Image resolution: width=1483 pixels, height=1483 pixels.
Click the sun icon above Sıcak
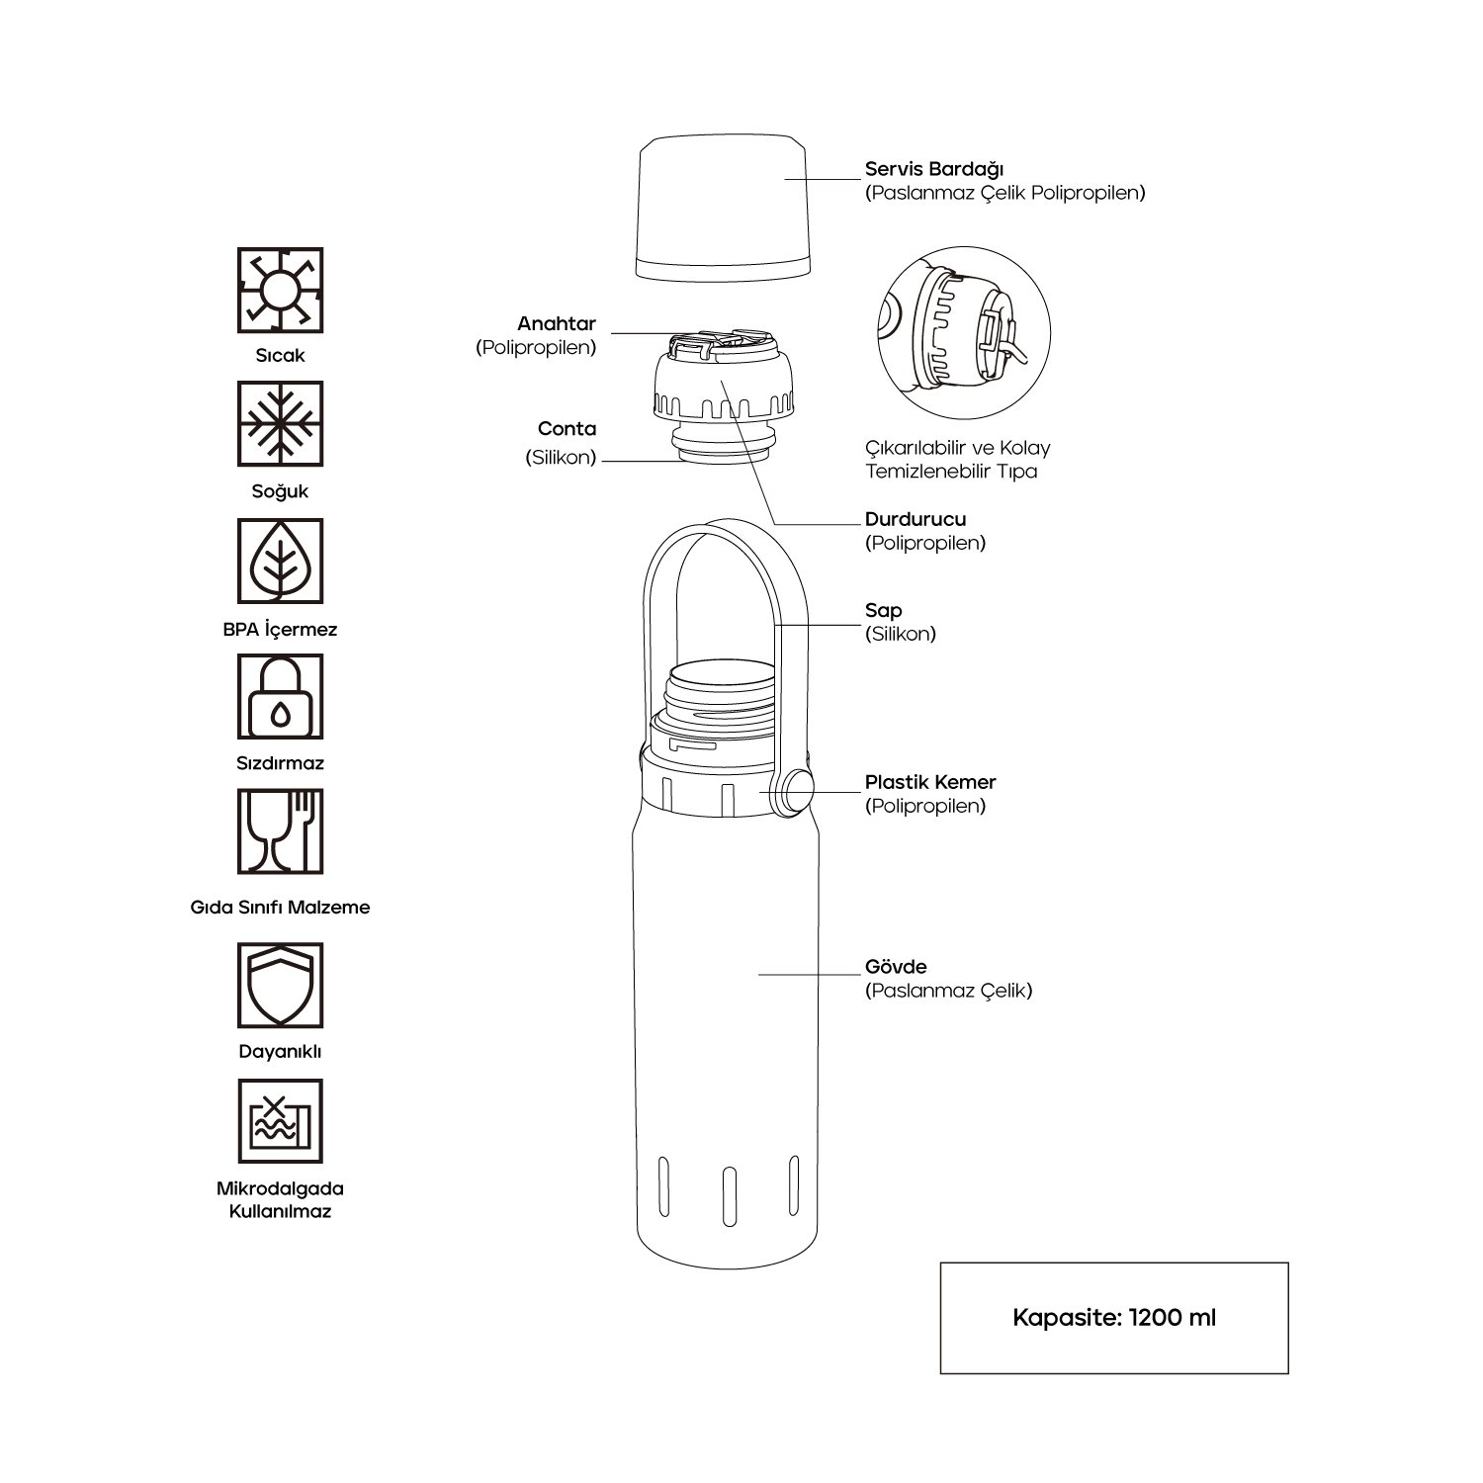coord(280,290)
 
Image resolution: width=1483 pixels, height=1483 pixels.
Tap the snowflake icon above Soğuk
coord(280,424)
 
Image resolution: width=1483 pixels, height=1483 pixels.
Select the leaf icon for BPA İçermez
coord(280,562)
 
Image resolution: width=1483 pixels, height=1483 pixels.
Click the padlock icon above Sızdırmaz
coord(280,696)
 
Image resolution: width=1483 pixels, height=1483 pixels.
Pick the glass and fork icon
coord(280,830)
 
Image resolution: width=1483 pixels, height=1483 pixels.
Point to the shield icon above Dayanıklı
coord(280,985)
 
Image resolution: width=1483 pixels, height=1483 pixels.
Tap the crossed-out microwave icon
coord(280,1121)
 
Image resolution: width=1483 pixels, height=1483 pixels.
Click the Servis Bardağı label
coord(934,169)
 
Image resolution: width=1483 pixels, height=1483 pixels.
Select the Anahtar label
coord(557,324)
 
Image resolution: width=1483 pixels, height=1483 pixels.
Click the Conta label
coord(567,428)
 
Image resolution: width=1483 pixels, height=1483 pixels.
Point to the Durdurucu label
coord(916,519)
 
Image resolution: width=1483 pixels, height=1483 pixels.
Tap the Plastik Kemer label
coord(930,782)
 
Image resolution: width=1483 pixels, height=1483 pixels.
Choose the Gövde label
coord(896,966)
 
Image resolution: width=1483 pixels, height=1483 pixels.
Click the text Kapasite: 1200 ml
coord(1114,1318)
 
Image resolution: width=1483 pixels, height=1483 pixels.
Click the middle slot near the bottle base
coord(729,1192)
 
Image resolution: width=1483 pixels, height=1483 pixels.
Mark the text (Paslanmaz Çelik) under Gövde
coord(949,990)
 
